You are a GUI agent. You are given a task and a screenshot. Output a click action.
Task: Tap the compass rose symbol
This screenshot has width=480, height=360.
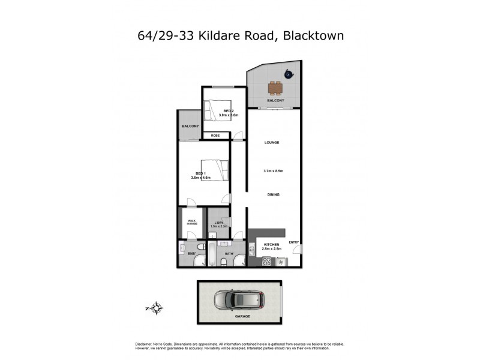(x=156, y=309)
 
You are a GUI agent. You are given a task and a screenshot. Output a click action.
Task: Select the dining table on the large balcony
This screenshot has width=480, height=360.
(x=275, y=88)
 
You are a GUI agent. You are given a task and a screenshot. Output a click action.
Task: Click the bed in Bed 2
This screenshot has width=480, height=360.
(x=217, y=110)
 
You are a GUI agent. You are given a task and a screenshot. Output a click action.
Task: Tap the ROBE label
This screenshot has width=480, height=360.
(x=215, y=136)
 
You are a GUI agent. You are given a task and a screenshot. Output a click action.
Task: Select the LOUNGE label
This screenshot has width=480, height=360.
(x=272, y=142)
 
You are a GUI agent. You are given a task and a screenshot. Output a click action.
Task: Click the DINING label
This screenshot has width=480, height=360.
(x=273, y=195)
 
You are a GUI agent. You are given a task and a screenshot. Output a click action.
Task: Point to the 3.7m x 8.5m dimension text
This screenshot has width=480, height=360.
(x=273, y=172)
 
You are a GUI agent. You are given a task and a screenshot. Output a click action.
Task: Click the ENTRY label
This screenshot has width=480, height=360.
(x=294, y=242)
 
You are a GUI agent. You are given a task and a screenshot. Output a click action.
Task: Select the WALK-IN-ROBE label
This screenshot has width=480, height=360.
(x=192, y=222)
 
